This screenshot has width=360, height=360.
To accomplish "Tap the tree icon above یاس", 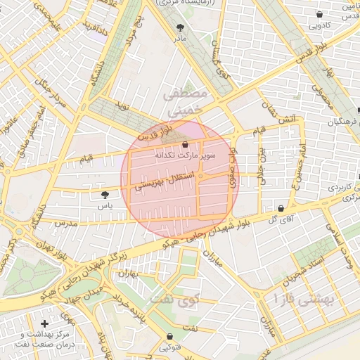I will (x=105, y=195).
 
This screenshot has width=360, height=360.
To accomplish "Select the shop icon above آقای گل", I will (x=281, y=209).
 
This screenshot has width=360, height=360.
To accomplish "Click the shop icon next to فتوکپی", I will (x=169, y=336).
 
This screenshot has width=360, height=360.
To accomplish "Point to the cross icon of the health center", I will (x=45, y=323).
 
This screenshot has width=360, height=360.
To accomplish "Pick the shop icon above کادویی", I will (x=320, y=14).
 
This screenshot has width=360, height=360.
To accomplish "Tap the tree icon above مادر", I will (x=181, y=27).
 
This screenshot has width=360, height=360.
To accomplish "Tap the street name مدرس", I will (x=65, y=223).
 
